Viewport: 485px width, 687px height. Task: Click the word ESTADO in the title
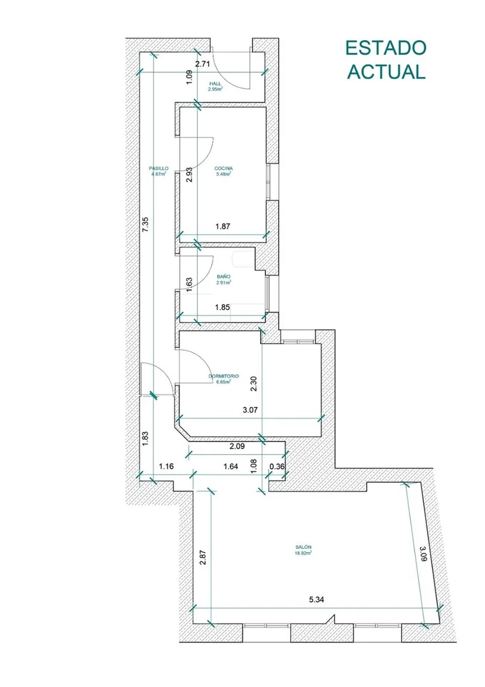click(386, 48)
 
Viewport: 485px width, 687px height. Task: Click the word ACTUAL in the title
click(386, 71)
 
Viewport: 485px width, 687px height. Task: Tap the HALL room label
click(215, 83)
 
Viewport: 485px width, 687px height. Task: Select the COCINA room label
click(223, 168)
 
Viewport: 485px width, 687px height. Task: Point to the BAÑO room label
click(223, 277)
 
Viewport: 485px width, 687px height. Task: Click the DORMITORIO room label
click(223, 376)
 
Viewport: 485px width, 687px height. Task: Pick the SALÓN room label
click(303, 547)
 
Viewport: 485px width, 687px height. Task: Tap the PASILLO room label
click(158, 168)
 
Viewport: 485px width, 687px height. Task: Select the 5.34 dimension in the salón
click(316, 600)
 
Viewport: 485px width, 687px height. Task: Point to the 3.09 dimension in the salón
click(423, 553)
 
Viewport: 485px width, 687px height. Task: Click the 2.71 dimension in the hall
click(203, 64)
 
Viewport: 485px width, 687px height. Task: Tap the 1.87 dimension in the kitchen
click(223, 226)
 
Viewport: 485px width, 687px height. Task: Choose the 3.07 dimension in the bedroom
click(250, 410)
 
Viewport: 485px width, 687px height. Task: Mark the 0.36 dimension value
click(277, 466)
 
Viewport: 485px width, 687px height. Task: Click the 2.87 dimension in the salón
click(202, 557)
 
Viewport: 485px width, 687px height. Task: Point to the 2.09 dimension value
click(237, 447)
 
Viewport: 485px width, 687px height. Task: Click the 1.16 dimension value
click(166, 466)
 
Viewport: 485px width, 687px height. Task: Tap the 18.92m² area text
click(303, 553)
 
